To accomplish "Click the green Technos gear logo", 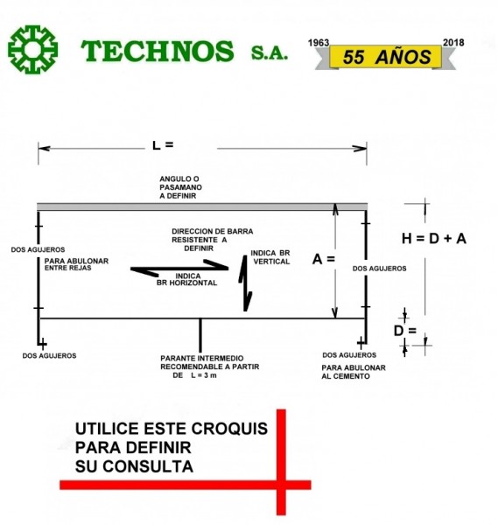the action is click(x=32, y=50).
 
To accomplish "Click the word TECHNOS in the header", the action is click(x=158, y=51).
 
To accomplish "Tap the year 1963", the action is click(x=319, y=43).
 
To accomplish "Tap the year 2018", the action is click(x=453, y=43).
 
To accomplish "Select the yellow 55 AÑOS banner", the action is click(x=386, y=57).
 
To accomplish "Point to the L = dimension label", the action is click(x=163, y=145).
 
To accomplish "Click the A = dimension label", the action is click(x=323, y=259).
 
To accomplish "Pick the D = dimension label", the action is click(x=405, y=331).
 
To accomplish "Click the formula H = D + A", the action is click(x=434, y=239).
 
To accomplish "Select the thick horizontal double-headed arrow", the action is click(x=179, y=269).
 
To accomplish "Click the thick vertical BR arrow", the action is click(x=245, y=283).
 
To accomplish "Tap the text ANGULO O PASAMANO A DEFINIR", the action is click(x=180, y=187).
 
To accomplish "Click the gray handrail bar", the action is click(x=202, y=206).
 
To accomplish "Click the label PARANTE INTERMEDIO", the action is click(x=202, y=358).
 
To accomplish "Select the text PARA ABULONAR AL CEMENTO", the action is click(x=354, y=372).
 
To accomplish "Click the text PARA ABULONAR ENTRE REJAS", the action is click(x=76, y=264).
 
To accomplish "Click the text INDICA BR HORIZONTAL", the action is click(x=187, y=280).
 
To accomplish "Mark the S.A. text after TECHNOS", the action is click(x=270, y=52).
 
